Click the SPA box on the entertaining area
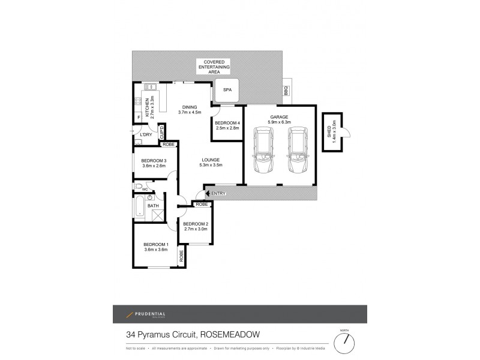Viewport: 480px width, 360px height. pos(227,90)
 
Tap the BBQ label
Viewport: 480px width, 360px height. pos(286,91)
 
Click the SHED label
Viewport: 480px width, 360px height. pos(328,133)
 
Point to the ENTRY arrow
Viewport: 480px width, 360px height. pos(207,193)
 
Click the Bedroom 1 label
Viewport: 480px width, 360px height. pos(155,244)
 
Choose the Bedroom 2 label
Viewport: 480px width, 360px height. pos(195,224)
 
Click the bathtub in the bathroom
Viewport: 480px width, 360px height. pos(139,206)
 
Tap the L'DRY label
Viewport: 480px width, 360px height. pos(146,135)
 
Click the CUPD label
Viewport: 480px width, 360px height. pos(161,131)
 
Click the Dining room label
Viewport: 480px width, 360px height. pos(190,107)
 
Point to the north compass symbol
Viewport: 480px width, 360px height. pos(344,341)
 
